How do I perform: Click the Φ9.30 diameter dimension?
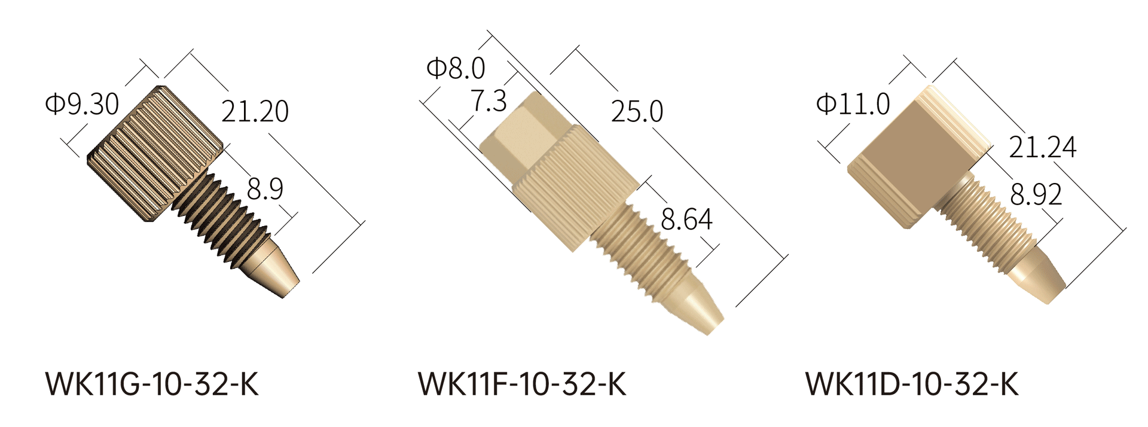coord(83,103)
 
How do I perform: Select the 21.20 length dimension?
coord(255,111)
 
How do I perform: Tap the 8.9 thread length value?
coord(265,189)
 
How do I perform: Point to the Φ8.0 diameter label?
coord(456,68)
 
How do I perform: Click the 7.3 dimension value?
coord(489,100)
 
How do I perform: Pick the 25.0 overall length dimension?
coord(637,111)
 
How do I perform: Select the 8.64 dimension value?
coord(686,219)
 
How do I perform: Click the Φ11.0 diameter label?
coord(853,104)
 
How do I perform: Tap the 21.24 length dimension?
coord(1043,147)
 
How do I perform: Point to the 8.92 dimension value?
coord(1036,194)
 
